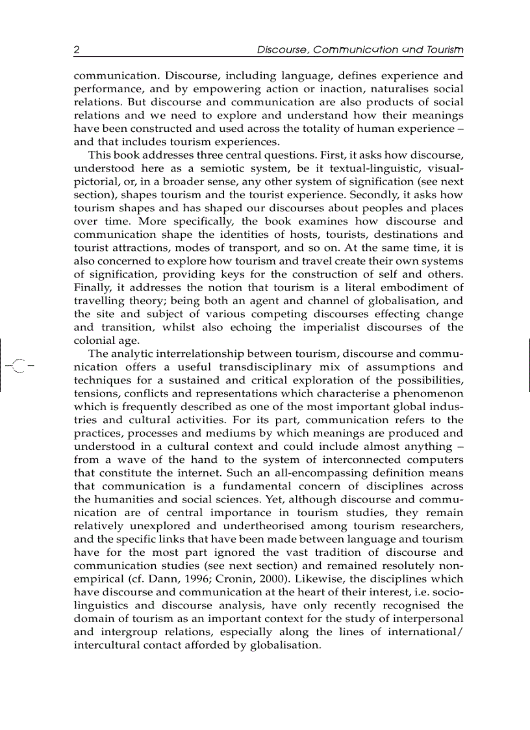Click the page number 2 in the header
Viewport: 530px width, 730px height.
[77, 49]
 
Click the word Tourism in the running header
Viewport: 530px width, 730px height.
[445, 49]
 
